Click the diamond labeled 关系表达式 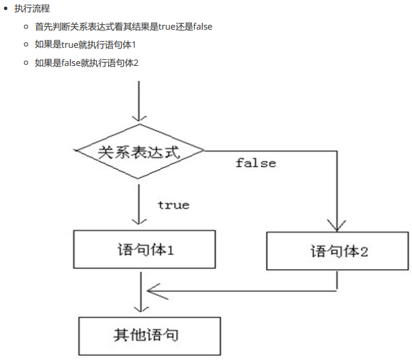[139, 151]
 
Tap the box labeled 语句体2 [337, 252]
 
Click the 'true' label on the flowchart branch [173, 205]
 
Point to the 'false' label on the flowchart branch [255, 163]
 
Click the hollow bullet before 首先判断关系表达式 [26, 27]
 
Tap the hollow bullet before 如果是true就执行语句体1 [26, 44]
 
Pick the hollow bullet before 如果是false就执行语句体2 [26, 63]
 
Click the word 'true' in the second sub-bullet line [70, 44]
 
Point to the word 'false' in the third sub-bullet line [71, 63]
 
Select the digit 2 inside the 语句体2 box [364, 252]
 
